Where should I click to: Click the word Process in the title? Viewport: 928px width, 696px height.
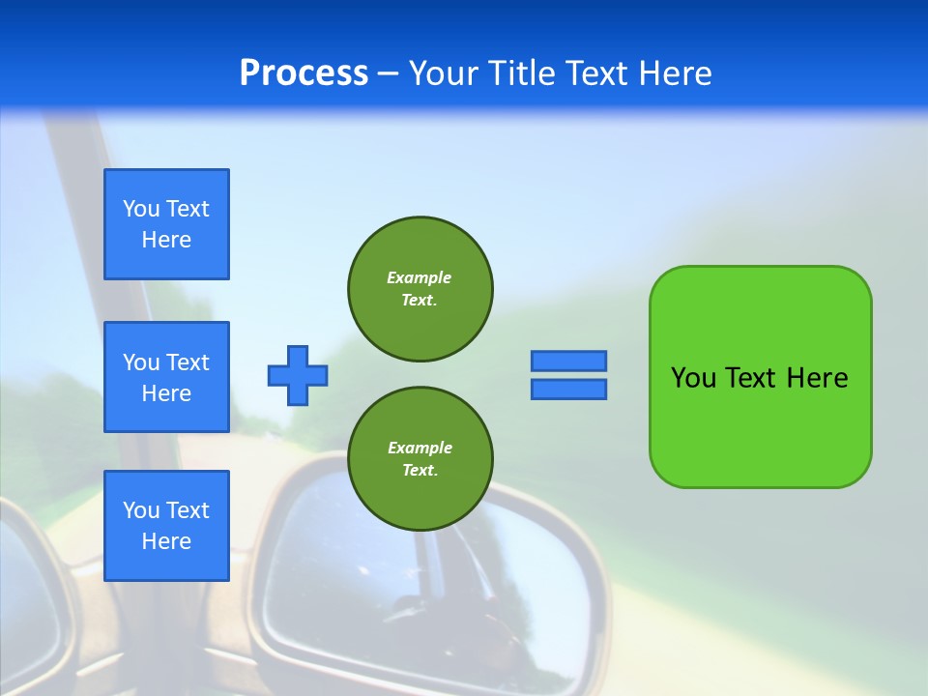(304, 73)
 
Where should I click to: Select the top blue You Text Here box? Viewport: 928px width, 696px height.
(166, 224)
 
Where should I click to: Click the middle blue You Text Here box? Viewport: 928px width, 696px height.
(166, 377)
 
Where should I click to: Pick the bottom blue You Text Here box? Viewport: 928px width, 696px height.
(166, 526)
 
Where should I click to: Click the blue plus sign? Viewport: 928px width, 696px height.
(298, 375)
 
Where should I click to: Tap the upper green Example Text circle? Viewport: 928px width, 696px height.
(420, 289)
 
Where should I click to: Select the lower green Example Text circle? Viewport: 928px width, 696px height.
(420, 459)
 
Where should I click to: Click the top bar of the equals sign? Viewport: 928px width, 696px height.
(568, 361)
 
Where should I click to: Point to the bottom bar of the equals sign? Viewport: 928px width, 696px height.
(568, 389)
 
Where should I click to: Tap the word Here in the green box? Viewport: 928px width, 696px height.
(817, 377)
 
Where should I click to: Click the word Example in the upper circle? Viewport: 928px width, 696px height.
(420, 277)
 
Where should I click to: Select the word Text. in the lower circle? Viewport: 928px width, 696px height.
(420, 471)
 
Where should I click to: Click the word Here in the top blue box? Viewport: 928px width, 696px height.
(166, 240)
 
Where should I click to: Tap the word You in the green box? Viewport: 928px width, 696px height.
(694, 377)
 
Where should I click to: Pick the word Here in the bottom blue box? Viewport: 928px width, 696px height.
(166, 541)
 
